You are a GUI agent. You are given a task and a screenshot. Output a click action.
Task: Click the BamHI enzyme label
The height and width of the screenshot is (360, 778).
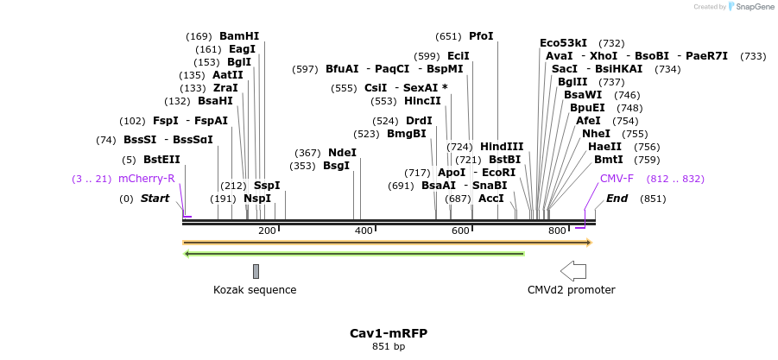pos(239,36)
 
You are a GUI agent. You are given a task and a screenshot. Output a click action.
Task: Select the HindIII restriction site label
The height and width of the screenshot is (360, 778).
pos(502,147)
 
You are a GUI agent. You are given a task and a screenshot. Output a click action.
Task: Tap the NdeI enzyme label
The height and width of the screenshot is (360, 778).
pos(342,153)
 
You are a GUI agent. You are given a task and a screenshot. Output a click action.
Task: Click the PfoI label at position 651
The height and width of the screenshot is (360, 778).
pos(481,36)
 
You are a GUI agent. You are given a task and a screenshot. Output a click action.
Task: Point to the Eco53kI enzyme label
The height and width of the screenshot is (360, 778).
pos(563,42)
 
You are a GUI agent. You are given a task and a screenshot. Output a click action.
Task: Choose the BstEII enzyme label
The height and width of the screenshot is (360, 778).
pos(161,160)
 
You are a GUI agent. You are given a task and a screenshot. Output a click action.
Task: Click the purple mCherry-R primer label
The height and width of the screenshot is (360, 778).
pos(147,179)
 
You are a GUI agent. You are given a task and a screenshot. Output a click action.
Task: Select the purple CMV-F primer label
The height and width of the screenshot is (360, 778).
pos(617,179)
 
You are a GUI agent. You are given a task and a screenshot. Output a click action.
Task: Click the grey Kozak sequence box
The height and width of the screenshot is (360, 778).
pos(256,271)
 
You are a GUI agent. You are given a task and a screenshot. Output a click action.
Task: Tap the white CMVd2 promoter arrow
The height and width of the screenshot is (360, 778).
pos(573,271)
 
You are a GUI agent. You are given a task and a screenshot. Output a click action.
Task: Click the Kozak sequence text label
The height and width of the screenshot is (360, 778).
pos(255,290)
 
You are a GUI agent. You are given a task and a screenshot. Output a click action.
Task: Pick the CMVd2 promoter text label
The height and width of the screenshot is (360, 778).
pos(571,290)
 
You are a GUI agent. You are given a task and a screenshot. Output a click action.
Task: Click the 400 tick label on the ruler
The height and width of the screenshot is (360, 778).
pos(364,231)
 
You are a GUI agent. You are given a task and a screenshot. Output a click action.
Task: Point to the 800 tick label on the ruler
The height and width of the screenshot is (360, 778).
pos(557,231)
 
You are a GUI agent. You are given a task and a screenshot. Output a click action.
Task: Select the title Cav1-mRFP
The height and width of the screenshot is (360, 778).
pos(389,333)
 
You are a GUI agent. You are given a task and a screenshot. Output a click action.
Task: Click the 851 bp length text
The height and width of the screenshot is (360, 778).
pos(389,346)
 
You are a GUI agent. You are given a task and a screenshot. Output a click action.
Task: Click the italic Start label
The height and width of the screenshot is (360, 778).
pos(155,199)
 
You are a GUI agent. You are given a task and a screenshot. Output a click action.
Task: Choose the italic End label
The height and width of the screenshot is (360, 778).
pos(617,199)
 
